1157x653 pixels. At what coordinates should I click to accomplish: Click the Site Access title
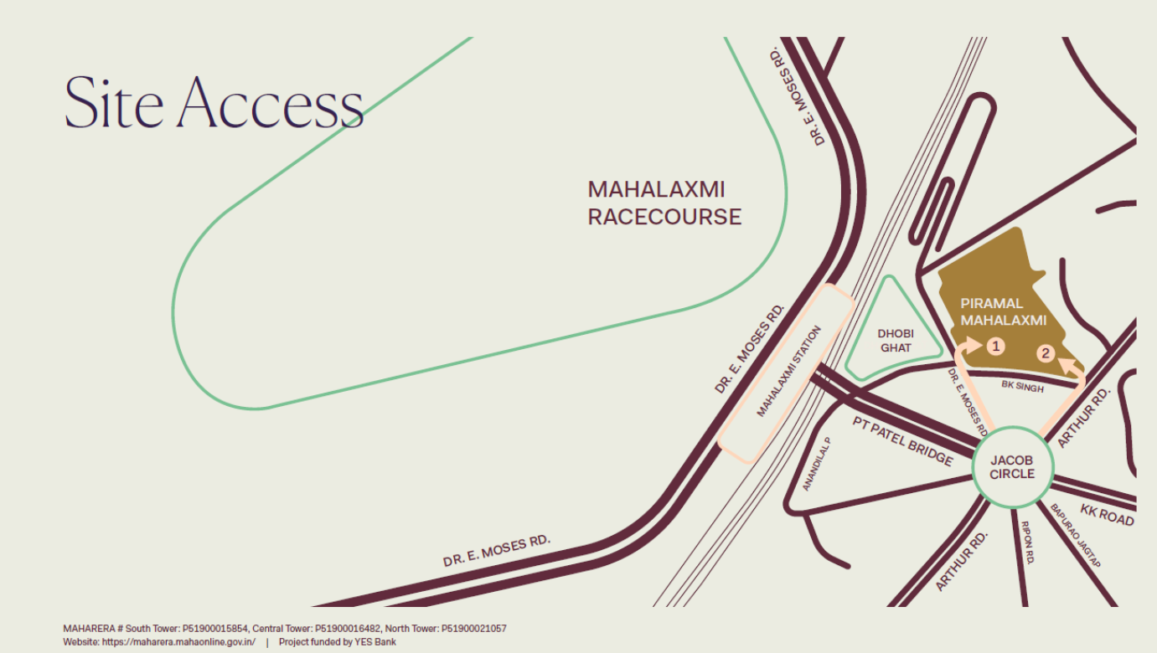click(x=214, y=103)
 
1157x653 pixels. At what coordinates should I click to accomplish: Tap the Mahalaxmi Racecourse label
click(x=664, y=203)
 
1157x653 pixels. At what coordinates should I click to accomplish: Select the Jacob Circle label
click(x=1012, y=467)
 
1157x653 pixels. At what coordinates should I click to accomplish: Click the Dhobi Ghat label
click(x=896, y=340)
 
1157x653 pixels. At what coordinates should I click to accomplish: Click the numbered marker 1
click(x=995, y=345)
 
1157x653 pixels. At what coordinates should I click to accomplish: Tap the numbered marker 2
click(x=1045, y=353)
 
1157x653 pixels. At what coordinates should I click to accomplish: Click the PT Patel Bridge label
click(x=902, y=440)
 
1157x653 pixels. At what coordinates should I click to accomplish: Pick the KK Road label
click(x=1106, y=515)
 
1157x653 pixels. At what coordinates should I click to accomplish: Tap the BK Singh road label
click(x=1023, y=387)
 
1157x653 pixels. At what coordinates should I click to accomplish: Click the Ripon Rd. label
click(x=1027, y=542)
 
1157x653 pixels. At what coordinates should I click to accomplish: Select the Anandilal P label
click(x=814, y=464)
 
